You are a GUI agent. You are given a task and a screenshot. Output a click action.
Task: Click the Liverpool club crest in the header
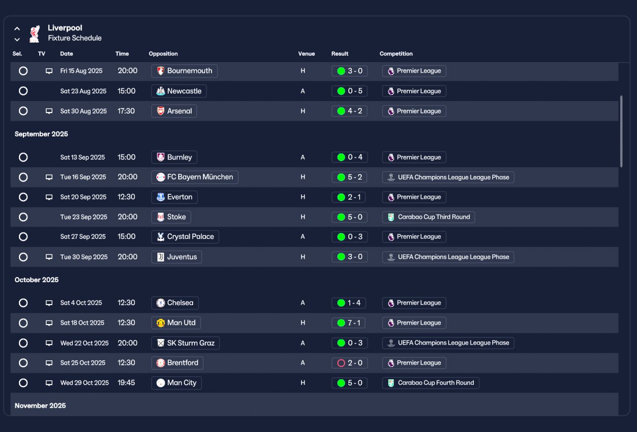34,33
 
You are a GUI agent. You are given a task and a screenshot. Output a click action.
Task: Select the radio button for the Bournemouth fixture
23,71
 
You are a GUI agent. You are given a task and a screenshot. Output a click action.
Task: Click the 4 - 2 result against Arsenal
349,111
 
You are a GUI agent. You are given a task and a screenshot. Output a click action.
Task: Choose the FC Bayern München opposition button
195,177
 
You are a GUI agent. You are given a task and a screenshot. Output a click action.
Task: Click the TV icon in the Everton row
49,197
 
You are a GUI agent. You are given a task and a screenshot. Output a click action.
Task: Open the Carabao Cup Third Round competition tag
428,217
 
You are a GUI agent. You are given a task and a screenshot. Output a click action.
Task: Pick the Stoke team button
171,217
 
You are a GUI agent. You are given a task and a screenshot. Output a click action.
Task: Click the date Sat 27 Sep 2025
83,237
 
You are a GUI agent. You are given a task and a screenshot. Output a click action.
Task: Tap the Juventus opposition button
177,257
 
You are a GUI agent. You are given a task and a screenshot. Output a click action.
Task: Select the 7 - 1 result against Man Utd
349,323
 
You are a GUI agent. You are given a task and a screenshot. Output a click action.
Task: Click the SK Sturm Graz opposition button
185,343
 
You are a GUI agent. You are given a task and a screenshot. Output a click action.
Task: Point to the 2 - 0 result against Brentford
349,363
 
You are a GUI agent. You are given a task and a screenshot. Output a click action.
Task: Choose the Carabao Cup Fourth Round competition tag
430,383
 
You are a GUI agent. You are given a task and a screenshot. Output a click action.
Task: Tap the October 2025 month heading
37,280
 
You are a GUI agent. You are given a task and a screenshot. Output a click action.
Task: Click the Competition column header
396,54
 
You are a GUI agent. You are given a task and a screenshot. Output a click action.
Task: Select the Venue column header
307,54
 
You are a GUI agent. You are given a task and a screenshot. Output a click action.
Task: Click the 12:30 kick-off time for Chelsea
126,303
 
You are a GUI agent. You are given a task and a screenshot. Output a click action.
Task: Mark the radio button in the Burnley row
23,157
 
